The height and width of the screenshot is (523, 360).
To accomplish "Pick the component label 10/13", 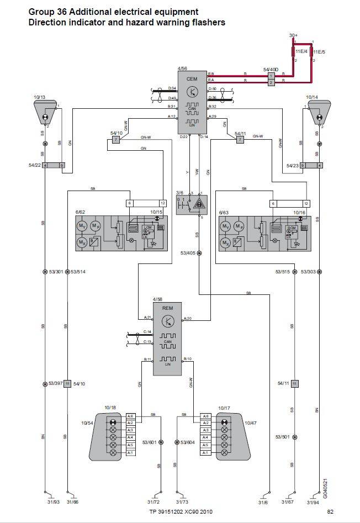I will pyautogui.click(x=39, y=98).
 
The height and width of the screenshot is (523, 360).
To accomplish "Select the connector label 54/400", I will pyautogui.click(x=271, y=70).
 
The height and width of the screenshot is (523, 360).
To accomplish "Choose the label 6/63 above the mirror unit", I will pyautogui.click(x=224, y=212).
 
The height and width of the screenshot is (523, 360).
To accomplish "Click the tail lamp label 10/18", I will pyautogui.click(x=110, y=408).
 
